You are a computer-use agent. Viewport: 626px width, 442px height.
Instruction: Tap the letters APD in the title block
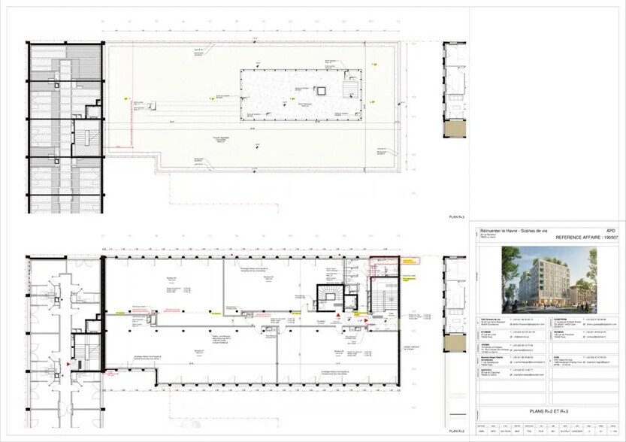click(610, 231)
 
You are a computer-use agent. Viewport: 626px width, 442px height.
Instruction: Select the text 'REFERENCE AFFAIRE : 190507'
click(586, 237)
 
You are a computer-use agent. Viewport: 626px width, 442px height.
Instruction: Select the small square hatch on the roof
click(322, 92)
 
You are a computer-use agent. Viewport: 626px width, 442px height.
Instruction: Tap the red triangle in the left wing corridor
click(70, 364)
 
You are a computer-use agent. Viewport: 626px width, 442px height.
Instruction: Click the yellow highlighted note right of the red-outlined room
click(410, 262)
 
